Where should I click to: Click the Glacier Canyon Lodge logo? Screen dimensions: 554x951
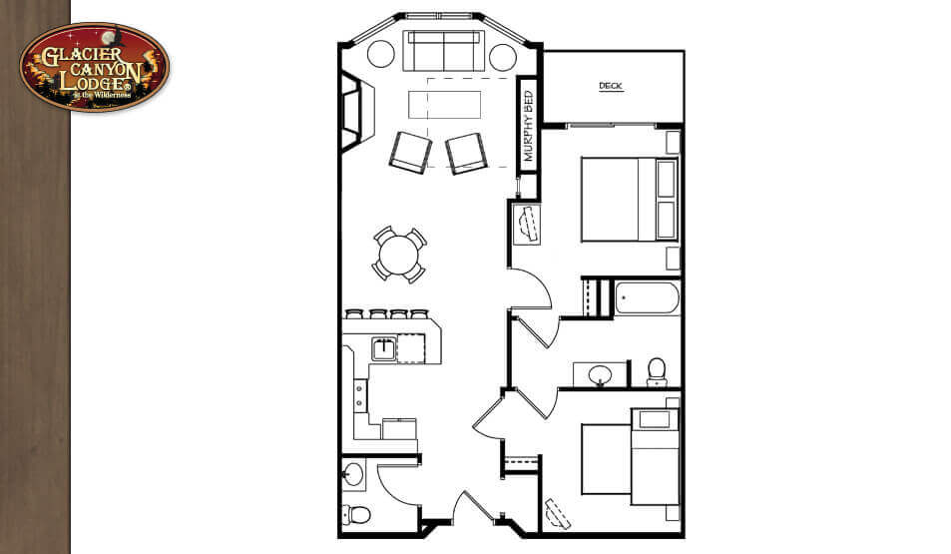tap(94, 66)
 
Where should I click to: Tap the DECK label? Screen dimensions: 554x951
tap(610, 87)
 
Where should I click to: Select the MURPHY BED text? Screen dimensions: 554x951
tap(529, 128)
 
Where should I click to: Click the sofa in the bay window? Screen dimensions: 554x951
tap(441, 51)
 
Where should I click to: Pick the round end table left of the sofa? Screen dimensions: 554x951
tap(381, 54)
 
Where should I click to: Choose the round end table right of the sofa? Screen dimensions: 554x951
tap(502, 54)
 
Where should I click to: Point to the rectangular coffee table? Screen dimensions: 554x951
tap(442, 104)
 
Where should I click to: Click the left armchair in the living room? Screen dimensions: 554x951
tap(409, 152)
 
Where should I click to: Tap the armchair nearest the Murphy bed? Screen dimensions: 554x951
tap(466, 153)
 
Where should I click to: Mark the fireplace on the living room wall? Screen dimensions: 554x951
tap(353, 109)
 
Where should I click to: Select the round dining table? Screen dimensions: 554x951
tap(399, 255)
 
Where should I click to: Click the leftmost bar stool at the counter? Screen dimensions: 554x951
tap(353, 313)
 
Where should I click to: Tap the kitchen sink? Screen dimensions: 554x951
tap(383, 348)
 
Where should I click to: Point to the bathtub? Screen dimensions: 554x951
tap(647, 297)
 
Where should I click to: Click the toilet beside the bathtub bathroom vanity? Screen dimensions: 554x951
tap(657, 371)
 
